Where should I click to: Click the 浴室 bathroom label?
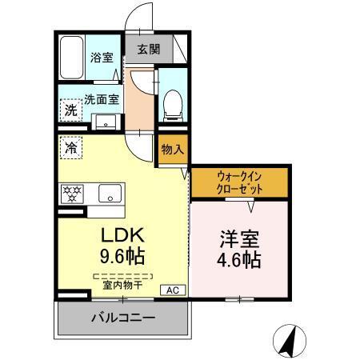click(100, 58)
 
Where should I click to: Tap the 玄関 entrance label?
click(148, 49)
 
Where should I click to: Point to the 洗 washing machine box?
click(71, 110)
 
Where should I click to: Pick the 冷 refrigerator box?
click(71, 148)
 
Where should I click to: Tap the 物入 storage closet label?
click(172, 150)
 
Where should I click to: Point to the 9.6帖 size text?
click(122, 258)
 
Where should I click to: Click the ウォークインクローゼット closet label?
click(239, 182)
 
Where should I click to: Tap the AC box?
click(171, 290)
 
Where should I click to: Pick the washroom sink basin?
click(104, 122)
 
